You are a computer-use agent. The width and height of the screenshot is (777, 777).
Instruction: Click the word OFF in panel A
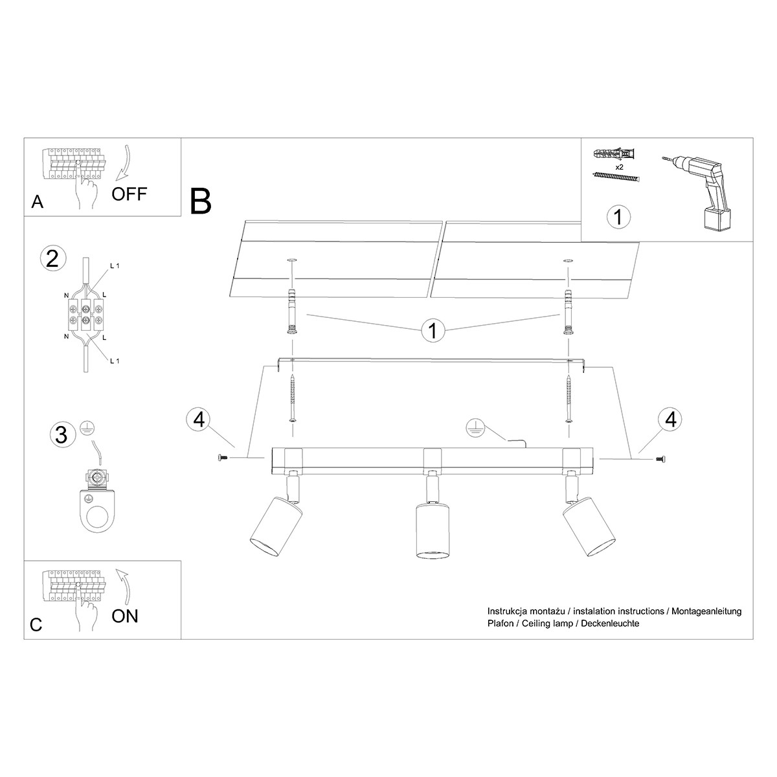click(x=129, y=194)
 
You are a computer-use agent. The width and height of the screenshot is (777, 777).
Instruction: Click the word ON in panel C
click(x=124, y=616)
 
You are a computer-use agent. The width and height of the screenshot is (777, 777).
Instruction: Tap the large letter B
click(x=200, y=201)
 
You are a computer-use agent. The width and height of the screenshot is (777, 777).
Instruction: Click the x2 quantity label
click(x=620, y=167)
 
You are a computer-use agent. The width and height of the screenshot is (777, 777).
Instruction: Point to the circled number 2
click(x=52, y=259)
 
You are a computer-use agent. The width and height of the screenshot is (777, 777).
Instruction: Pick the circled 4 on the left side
click(x=199, y=420)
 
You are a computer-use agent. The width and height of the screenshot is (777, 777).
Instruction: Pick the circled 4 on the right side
click(x=670, y=420)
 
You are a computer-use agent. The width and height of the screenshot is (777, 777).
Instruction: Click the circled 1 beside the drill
click(x=618, y=217)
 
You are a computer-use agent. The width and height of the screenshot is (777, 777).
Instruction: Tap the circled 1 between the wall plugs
click(x=433, y=330)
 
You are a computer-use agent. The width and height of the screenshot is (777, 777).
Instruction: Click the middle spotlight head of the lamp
click(x=432, y=531)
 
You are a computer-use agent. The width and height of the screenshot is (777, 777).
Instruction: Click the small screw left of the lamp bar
click(x=222, y=457)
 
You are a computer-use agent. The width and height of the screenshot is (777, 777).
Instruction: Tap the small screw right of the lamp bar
click(x=660, y=458)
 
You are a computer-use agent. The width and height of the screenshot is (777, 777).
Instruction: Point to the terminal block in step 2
click(x=85, y=315)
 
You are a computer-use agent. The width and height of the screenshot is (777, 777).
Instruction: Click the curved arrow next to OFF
click(x=126, y=163)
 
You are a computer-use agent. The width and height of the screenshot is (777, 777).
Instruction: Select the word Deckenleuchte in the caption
click(x=610, y=624)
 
